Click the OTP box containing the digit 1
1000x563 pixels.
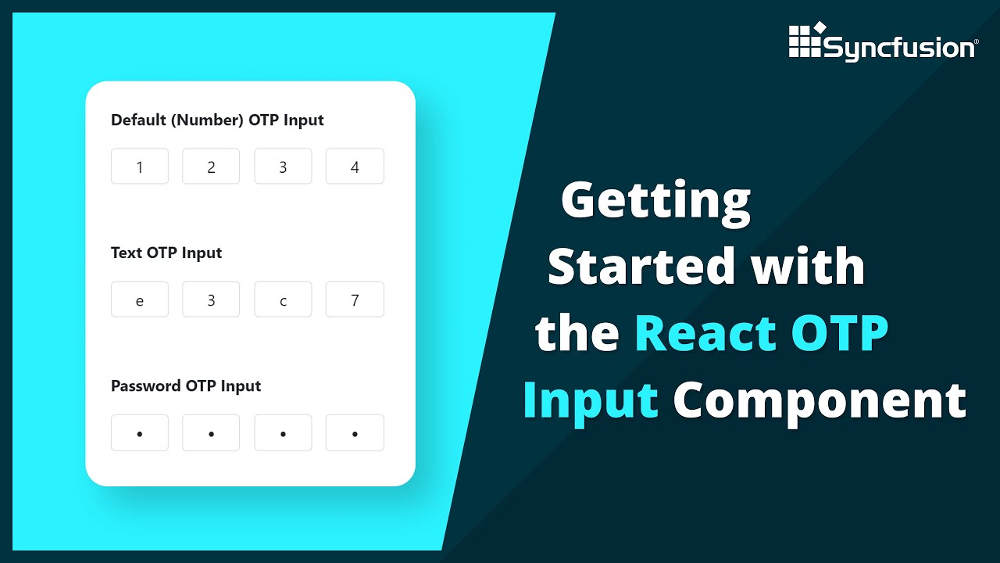click(140, 167)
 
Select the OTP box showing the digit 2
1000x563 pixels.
click(211, 167)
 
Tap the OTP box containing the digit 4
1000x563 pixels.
click(355, 167)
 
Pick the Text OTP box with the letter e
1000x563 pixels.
click(140, 299)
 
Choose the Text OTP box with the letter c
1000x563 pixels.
click(283, 299)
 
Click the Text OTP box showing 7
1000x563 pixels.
click(355, 299)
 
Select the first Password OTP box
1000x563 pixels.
click(140, 432)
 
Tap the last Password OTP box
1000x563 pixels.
click(355, 432)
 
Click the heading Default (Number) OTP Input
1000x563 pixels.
click(217, 120)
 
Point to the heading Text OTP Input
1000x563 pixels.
click(166, 253)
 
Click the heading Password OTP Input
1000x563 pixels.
click(186, 386)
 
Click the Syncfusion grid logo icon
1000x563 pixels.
click(806, 40)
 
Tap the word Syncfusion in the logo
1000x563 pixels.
click(898, 48)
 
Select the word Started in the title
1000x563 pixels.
click(642, 267)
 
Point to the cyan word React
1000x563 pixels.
click(705, 333)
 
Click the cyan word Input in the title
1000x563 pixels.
click(591, 400)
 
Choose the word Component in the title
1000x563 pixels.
click(820, 401)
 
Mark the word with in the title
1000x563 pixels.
click(808, 267)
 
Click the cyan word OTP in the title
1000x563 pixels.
click(840, 333)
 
